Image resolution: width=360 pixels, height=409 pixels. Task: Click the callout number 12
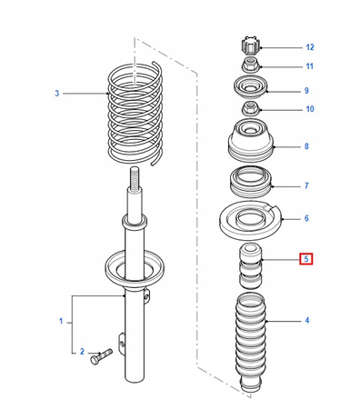tap(310, 47)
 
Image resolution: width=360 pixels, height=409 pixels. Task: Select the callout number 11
tap(309, 66)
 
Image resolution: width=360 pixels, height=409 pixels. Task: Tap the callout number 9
tap(306, 91)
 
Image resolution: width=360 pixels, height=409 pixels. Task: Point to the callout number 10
tap(310, 109)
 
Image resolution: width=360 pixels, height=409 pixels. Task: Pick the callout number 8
tap(306, 146)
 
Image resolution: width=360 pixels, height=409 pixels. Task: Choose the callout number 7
tap(306, 185)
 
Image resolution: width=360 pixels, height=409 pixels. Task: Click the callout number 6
tap(306, 218)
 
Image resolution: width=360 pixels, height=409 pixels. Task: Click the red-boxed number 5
tap(306, 259)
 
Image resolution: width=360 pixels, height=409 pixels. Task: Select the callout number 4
tap(307, 320)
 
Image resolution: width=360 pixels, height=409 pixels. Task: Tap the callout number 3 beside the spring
tap(57, 94)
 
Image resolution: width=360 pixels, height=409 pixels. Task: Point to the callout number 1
tap(61, 321)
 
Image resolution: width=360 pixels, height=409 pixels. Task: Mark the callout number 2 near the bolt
tap(82, 352)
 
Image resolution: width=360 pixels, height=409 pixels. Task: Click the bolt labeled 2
tap(101, 356)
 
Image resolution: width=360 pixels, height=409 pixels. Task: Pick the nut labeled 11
tap(251, 65)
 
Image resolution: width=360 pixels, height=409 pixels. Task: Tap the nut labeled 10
tap(251, 109)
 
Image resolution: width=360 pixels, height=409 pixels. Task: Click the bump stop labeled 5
tap(250, 266)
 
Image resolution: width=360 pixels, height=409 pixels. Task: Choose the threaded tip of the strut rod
tap(135, 178)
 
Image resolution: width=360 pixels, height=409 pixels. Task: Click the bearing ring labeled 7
tap(251, 182)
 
